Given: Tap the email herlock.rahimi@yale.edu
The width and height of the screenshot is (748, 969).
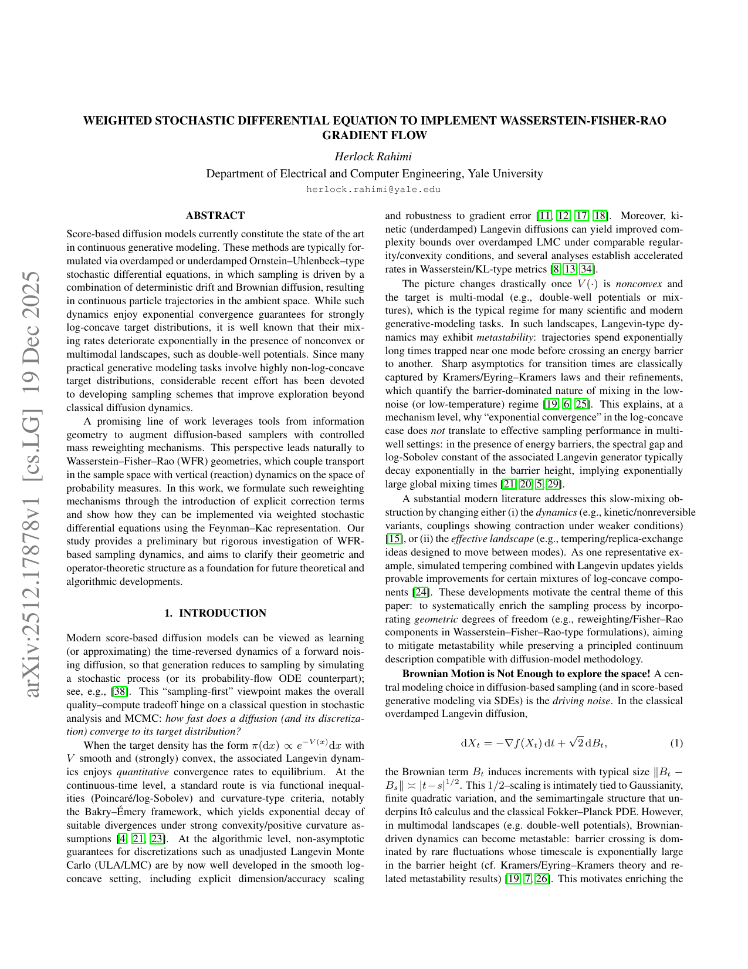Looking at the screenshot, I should pos(373,189).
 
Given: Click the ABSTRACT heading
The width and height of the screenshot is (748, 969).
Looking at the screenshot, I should pos(215,216).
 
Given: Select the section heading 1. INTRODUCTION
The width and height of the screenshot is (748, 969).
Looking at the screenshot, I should pos(215,613).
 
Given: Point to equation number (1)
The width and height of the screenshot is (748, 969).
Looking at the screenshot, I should pos(676,743).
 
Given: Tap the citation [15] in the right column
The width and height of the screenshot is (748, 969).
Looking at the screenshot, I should pos(392,539).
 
